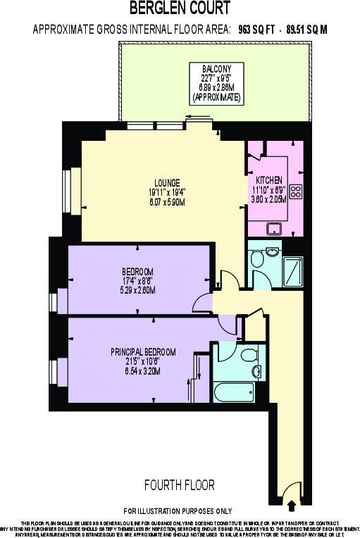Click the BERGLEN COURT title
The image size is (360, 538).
180,9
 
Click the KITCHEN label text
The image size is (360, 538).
268,180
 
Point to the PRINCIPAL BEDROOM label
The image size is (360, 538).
143,351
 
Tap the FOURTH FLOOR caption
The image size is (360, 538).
179,485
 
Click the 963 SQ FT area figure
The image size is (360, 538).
255,30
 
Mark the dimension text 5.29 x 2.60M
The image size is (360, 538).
138,289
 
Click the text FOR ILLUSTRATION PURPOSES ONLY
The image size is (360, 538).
178,510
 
